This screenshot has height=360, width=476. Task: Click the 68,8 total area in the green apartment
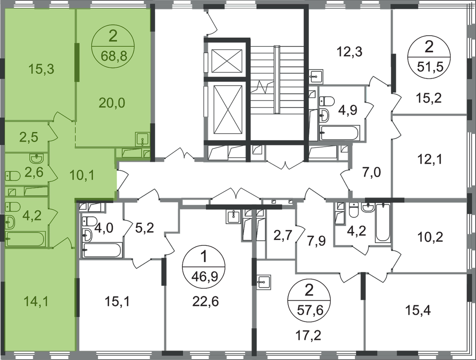pos(114,56)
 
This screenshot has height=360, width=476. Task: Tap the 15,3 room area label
pos(41,69)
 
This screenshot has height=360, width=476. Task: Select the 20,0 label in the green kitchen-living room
pos(112,103)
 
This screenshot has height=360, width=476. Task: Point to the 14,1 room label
pos(36,301)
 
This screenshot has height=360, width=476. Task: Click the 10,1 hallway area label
pos(82,175)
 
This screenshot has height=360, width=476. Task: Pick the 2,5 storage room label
pos(29,137)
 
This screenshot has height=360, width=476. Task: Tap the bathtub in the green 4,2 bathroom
pos(25,239)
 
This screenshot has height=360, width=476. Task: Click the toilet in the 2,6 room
pos(13,176)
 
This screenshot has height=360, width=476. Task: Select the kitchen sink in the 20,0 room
pos(142,140)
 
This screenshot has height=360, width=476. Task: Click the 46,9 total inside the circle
pos(205,277)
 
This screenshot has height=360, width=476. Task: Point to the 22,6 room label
pos(205,301)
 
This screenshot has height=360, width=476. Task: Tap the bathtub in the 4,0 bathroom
pos(102,250)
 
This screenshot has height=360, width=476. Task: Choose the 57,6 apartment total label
pos(310,310)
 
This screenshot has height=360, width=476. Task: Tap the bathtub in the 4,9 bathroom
pos(340,133)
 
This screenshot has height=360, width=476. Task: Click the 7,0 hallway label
pos(371,173)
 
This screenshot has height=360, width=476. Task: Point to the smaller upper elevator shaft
pos(226,61)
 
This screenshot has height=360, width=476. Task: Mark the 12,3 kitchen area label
pos(349,52)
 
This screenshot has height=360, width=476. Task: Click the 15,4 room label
pos(418,310)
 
